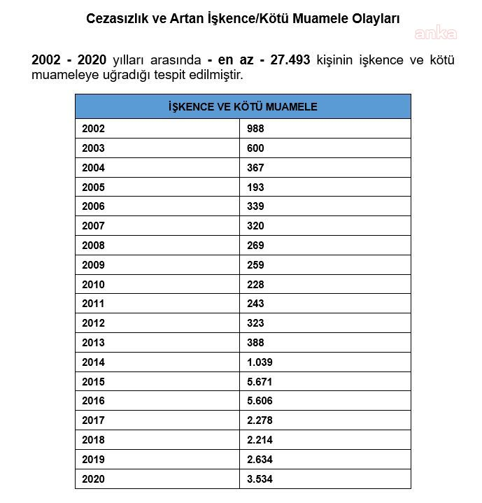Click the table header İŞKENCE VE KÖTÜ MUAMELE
pyautogui.click(x=243, y=106)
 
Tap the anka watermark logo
pyautogui.click(x=435, y=33)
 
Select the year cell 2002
pyautogui.click(x=93, y=129)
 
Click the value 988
pyautogui.click(x=255, y=129)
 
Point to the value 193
pyautogui.click(x=255, y=187)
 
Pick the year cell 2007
pyautogui.click(x=93, y=226)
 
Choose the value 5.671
pyautogui.click(x=260, y=382)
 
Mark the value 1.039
pyautogui.click(x=260, y=362)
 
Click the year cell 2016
pyautogui.click(x=93, y=401)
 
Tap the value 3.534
pyautogui.click(x=260, y=479)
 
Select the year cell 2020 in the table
pyautogui.click(x=93, y=479)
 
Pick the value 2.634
pyautogui.click(x=260, y=460)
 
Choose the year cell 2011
pyautogui.click(x=93, y=304)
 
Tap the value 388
pyautogui.click(x=255, y=343)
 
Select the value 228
pyautogui.click(x=255, y=285)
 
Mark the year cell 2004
pyautogui.click(x=93, y=168)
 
